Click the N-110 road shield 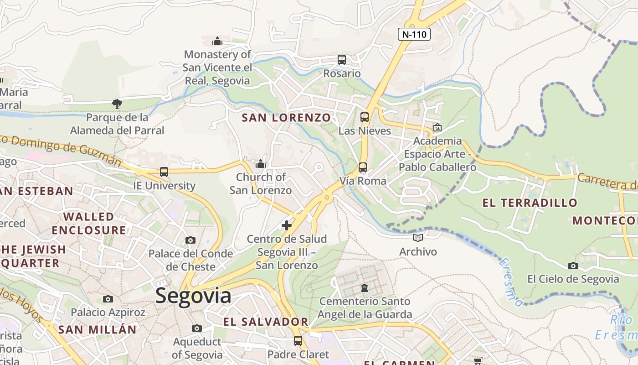[414, 34]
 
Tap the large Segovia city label [193, 296]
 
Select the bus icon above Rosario [342, 60]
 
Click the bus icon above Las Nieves [365, 117]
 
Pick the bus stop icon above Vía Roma [363, 167]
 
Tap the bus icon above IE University [164, 172]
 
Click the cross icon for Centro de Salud [287, 225]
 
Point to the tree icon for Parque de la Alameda [117, 104]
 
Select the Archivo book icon [418, 238]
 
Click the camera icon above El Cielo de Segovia [573, 266]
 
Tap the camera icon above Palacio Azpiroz [108, 299]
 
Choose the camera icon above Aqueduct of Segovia [197, 328]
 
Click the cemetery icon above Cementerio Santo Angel [365, 288]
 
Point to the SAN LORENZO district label [286, 118]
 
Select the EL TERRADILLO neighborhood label [530, 203]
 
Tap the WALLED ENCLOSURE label [89, 223]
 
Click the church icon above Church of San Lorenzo [261, 163]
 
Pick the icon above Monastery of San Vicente [217, 41]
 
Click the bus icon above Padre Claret [298, 341]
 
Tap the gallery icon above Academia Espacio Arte [437, 127]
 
